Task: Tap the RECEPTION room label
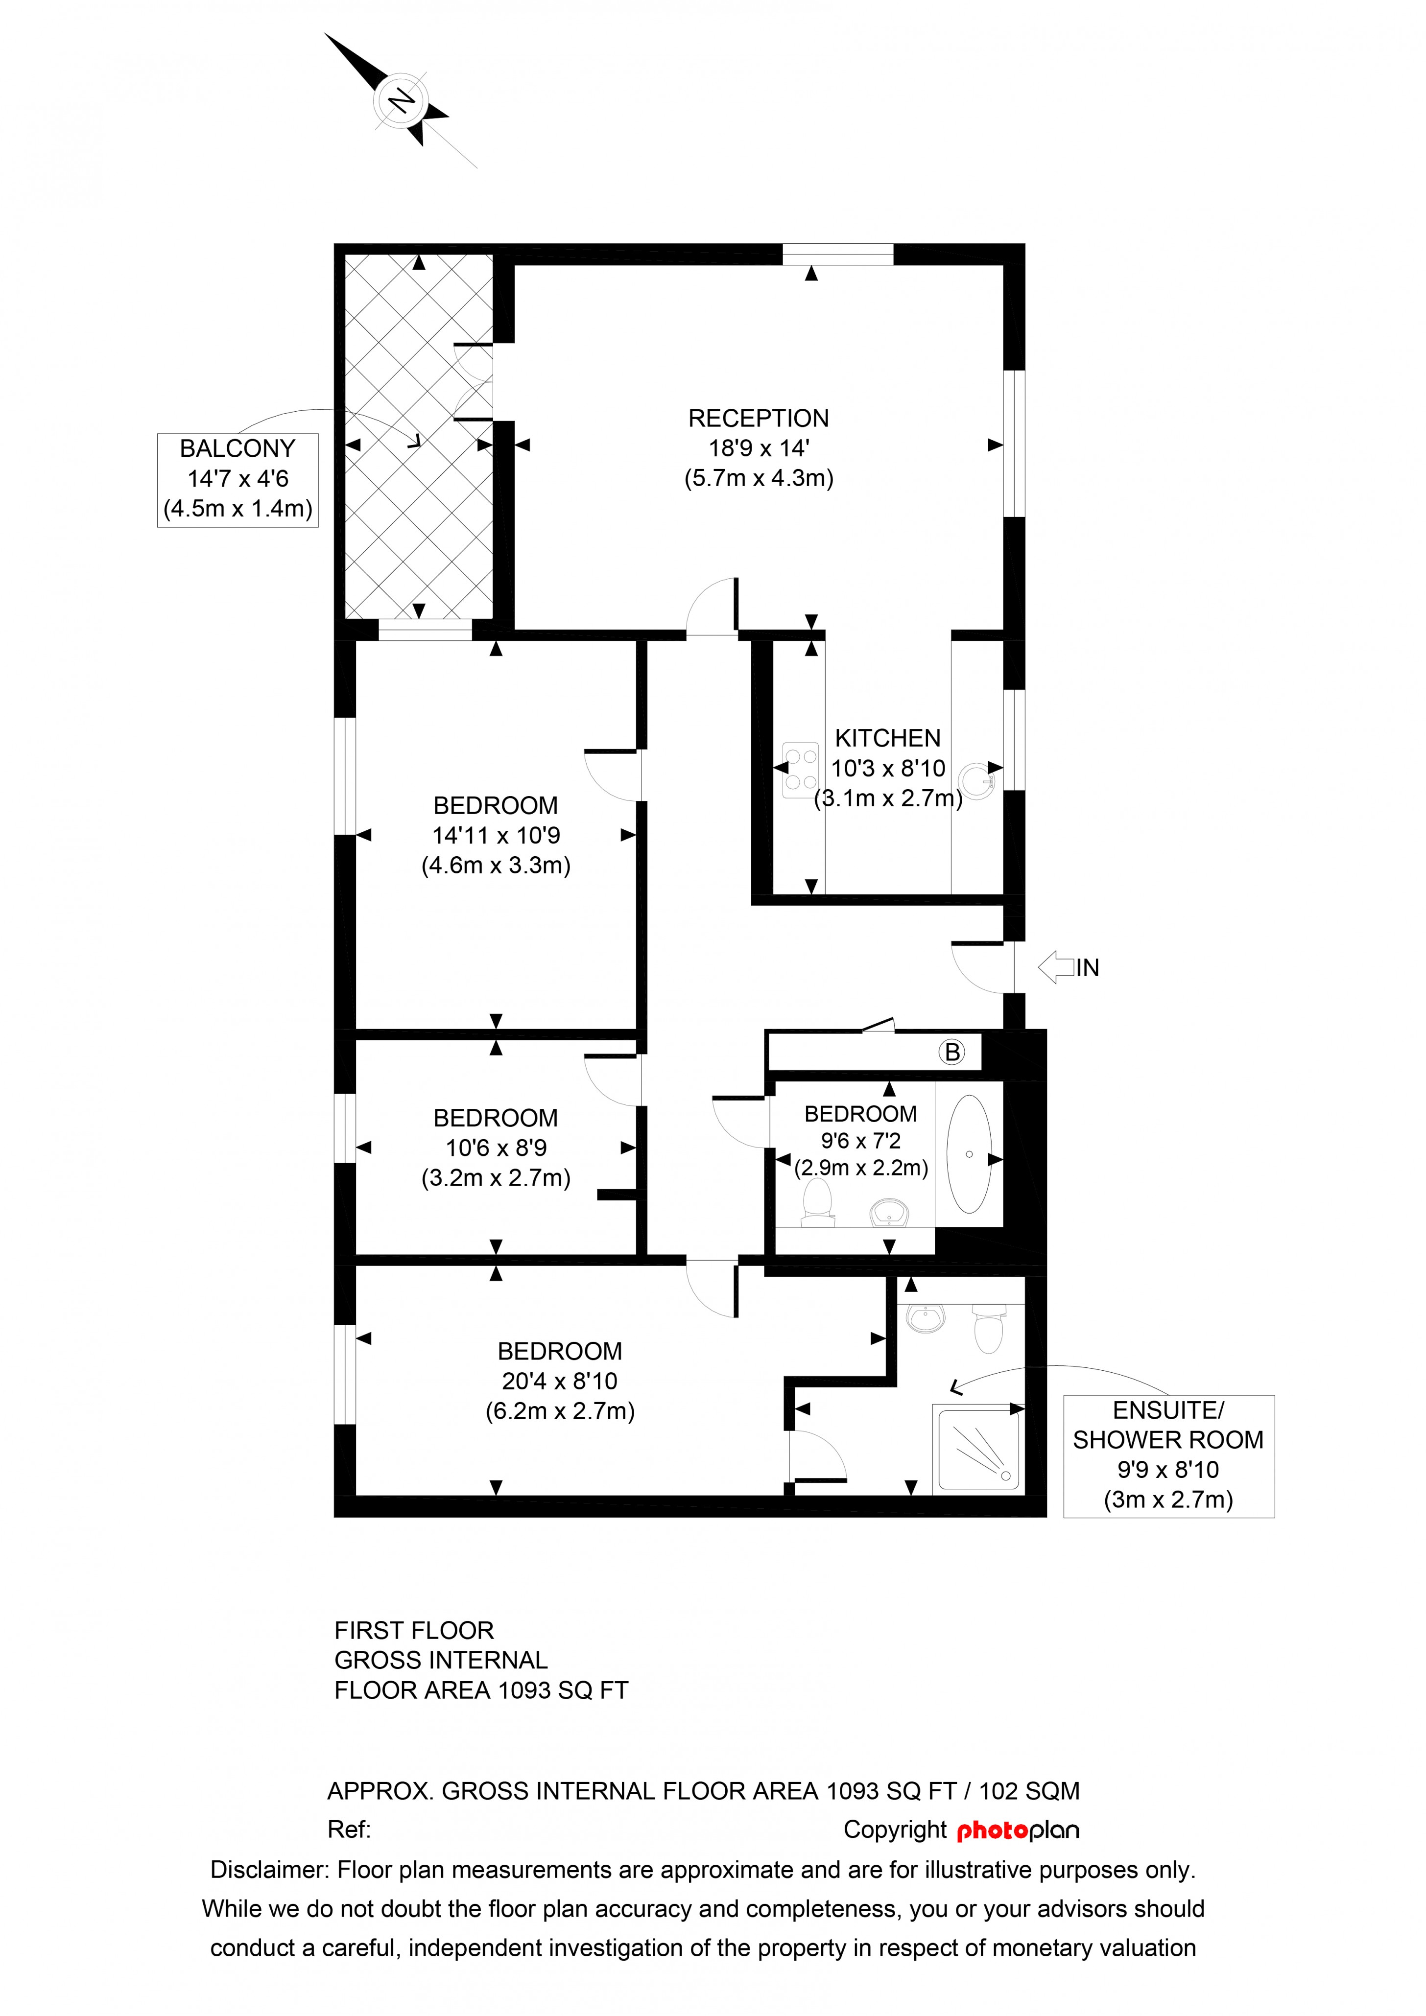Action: click(759, 419)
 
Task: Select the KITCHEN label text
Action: click(888, 738)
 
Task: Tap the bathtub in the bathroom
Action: click(970, 1154)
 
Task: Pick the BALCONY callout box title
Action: click(237, 449)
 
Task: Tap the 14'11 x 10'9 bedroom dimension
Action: click(496, 836)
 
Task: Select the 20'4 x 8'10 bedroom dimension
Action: click(560, 1381)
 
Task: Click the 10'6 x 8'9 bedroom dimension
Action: click(496, 1148)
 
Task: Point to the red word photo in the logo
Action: click(992, 1831)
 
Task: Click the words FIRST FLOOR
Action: click(414, 1631)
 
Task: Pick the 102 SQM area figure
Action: click(1029, 1791)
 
